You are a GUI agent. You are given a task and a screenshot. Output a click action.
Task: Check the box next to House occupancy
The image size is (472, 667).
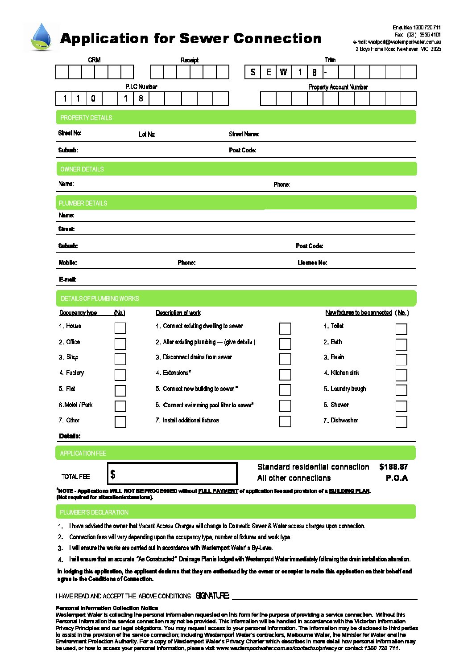(x=120, y=328)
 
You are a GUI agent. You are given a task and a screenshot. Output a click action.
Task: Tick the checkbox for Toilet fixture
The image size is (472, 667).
(x=401, y=329)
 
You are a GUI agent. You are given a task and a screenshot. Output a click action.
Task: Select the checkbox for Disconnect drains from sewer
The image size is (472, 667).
(x=285, y=359)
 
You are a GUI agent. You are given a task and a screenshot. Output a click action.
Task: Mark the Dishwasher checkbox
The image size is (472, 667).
(x=401, y=421)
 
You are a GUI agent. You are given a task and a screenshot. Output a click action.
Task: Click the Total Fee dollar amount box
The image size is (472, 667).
(x=172, y=473)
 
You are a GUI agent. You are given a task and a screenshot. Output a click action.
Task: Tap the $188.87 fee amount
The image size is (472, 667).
(x=393, y=467)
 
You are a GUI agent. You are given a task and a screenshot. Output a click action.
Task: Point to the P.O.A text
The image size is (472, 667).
(x=397, y=478)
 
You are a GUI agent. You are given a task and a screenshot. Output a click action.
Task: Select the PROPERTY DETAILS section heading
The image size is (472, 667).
(x=86, y=118)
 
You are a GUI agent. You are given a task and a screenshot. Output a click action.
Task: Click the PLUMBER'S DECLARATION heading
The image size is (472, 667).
(x=94, y=512)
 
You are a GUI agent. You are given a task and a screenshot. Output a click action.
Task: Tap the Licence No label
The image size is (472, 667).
(x=312, y=262)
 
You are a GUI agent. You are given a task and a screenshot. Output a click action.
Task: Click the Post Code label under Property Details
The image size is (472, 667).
(x=243, y=150)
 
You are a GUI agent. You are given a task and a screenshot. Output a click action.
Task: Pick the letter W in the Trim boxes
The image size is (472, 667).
(x=284, y=72)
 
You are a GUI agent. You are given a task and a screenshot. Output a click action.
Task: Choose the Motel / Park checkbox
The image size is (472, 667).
(x=120, y=406)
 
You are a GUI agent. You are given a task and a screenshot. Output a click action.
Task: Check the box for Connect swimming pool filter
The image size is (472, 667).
(x=285, y=405)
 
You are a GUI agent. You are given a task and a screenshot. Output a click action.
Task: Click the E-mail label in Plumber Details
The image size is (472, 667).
(x=68, y=279)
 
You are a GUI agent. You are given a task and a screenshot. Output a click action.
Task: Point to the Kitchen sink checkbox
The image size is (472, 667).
(x=401, y=375)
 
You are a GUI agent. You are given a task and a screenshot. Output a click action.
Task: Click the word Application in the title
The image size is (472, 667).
(x=104, y=39)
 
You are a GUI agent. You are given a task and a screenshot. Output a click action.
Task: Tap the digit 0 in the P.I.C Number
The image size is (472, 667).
(x=93, y=98)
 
